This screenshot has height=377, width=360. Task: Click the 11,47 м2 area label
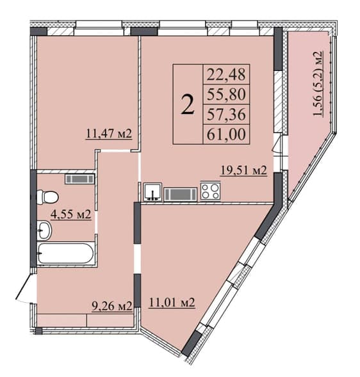109,134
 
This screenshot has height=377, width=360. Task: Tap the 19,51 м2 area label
244,170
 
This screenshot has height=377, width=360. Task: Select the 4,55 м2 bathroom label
70,214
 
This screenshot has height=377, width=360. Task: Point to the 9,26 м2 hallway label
112,306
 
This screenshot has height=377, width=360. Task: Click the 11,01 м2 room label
172,302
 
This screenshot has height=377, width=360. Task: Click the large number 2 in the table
188,104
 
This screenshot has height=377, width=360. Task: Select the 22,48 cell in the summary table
226,74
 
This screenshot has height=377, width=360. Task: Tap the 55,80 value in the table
226,94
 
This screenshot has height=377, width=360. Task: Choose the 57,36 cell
226,114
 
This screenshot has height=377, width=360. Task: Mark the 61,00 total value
226,134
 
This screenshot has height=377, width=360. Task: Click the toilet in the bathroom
47,197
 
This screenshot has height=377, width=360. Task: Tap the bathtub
65,253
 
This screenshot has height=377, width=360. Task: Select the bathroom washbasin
44,230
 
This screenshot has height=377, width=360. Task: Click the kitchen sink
152,192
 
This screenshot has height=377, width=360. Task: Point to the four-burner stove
210,191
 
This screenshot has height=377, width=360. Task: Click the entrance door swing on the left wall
26,287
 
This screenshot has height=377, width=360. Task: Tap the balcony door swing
277,144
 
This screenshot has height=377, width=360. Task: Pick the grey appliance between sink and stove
181,195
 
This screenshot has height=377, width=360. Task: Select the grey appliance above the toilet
79,179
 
